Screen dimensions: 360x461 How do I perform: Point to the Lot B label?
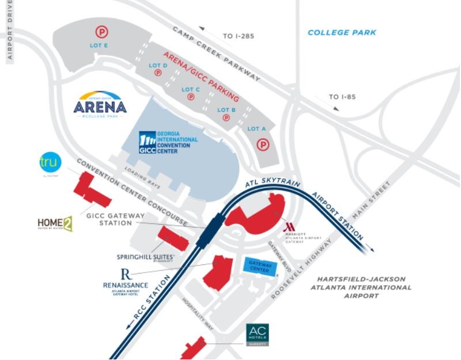coord(226,110)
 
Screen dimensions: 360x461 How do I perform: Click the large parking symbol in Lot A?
coord(263,145)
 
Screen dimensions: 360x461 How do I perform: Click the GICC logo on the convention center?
coord(148,143)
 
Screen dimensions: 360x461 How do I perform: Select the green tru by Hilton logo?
coord(49,163)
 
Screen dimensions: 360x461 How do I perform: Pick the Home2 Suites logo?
coord(55,225)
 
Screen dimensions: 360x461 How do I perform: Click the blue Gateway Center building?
coord(259,265)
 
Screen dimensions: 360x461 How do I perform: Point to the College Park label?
coord(342,33)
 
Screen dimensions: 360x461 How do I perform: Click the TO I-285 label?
coord(237,36)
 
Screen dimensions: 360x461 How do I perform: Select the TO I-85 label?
coord(342,97)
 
